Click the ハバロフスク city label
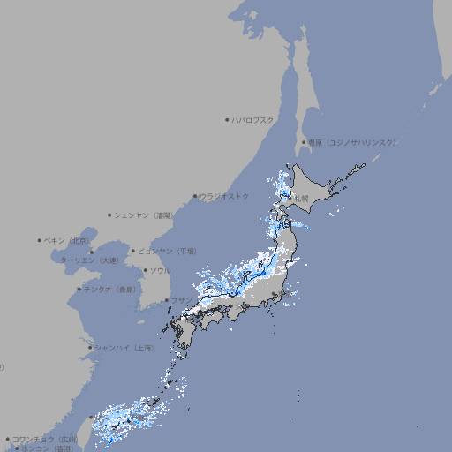pyautogui.click(x=252, y=119)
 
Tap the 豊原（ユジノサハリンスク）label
pyautogui.click(x=351, y=142)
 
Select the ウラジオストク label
pyautogui.click(x=224, y=196)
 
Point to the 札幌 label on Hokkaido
pyautogui.click(x=302, y=199)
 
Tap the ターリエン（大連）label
pyautogui.click(x=89, y=260)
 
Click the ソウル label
pyautogui.click(x=160, y=270)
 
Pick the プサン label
pyautogui.click(x=180, y=301)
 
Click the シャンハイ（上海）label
pyautogui.click(x=123, y=348)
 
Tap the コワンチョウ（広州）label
pyautogui.click(x=44, y=439)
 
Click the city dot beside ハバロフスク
pyautogui.click(x=227, y=119)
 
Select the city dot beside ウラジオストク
pyautogui.click(x=195, y=196)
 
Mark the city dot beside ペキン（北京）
pyautogui.click(x=40, y=240)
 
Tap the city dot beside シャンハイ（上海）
pyautogui.click(x=90, y=348)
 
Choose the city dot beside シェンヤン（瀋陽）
pyautogui.click(x=110, y=215)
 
